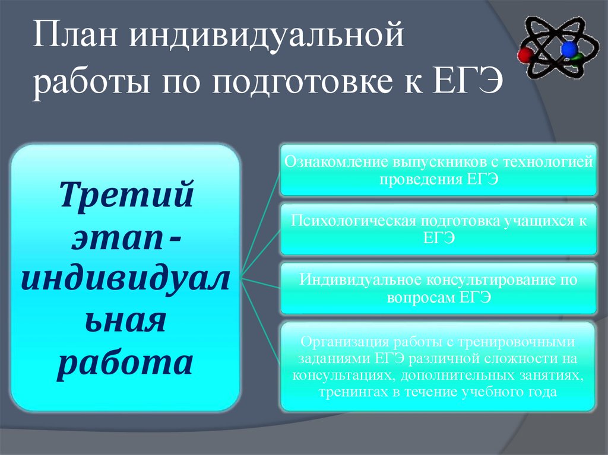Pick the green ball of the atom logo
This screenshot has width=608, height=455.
tap(577, 59)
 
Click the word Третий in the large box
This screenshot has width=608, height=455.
tap(126, 195)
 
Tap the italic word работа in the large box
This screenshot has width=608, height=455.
tap(126, 361)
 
